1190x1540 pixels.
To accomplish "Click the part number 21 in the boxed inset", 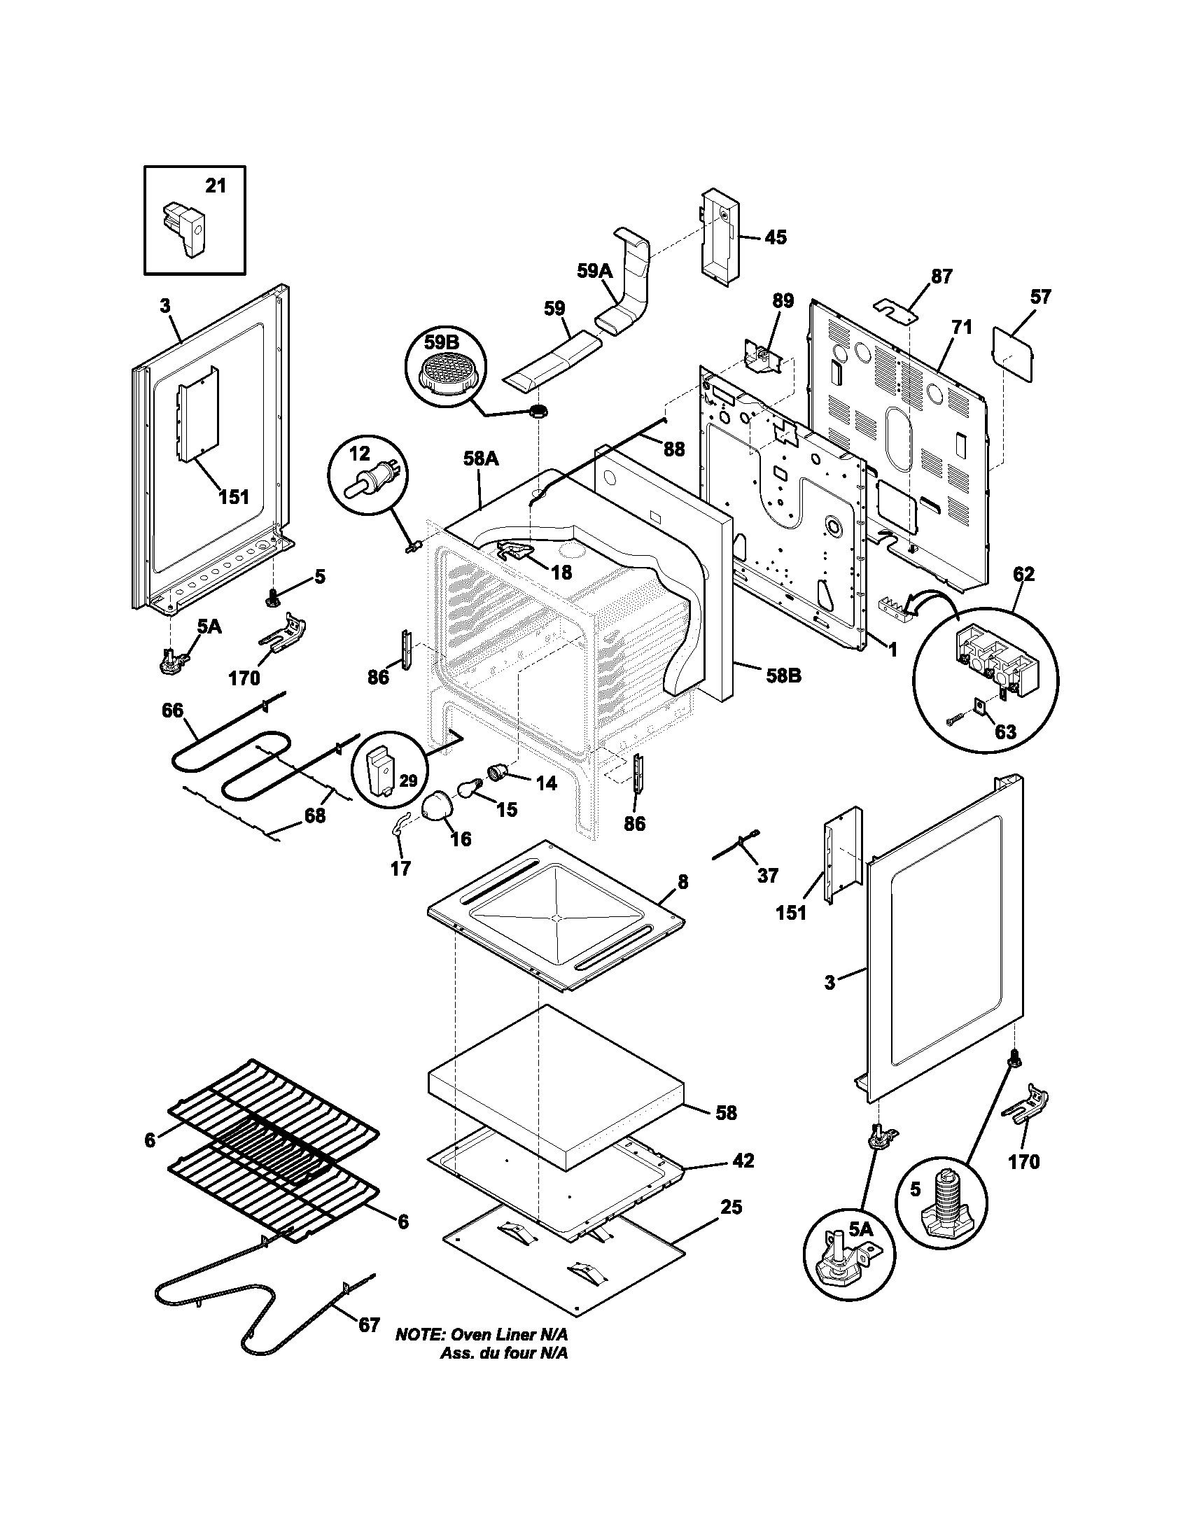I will point(216,185).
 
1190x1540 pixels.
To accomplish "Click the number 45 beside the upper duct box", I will point(775,237).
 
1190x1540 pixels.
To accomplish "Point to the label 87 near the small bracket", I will point(941,276).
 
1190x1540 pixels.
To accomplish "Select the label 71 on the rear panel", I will point(962,327).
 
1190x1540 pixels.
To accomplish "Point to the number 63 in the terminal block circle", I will point(1005,731).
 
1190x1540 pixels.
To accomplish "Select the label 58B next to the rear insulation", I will point(783,675).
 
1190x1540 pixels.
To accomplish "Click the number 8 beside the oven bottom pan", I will point(682,881).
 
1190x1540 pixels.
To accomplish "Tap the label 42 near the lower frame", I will point(743,1160).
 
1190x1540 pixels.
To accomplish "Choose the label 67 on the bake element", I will point(369,1325).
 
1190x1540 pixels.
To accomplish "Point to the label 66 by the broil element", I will point(172,710).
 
